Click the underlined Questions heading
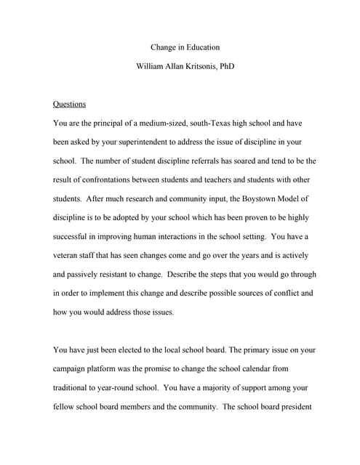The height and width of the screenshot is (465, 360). coord(70,104)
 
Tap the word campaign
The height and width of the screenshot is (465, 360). coord(76,368)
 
